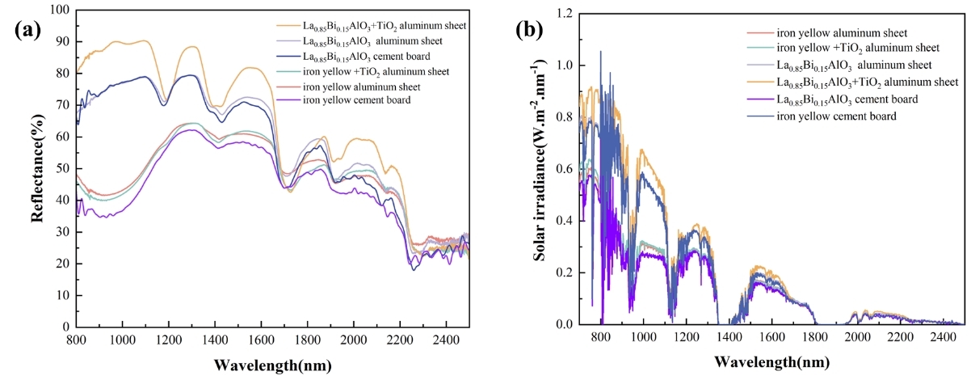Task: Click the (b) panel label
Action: pyautogui.click(x=533, y=33)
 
